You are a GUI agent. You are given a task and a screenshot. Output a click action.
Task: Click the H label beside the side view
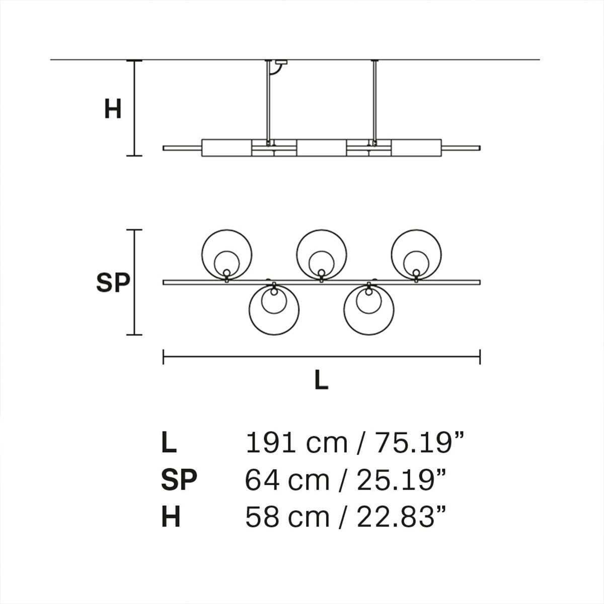pyautogui.click(x=113, y=109)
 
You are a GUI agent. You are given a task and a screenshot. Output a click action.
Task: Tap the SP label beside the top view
pyautogui.click(x=113, y=283)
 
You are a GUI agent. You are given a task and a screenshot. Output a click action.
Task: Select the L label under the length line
pyautogui.click(x=321, y=381)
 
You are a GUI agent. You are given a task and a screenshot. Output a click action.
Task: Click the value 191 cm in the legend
pyautogui.click(x=296, y=443)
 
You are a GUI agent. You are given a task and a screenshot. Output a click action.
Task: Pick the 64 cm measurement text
pyautogui.click(x=287, y=480)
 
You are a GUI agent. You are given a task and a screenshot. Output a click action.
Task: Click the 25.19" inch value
pyautogui.click(x=402, y=480)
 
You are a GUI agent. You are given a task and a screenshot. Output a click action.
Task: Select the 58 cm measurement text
pyautogui.click(x=287, y=517)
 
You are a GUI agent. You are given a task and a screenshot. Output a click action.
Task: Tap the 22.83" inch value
pyautogui.click(x=402, y=517)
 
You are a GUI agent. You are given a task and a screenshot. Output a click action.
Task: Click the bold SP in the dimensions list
pyautogui.click(x=179, y=480)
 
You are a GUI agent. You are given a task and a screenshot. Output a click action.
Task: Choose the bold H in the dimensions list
pyautogui.click(x=171, y=517)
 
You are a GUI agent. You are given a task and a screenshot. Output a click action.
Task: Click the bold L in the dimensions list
pyautogui.click(x=169, y=443)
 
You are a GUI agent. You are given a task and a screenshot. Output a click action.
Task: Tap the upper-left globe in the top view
pyautogui.click(x=226, y=254)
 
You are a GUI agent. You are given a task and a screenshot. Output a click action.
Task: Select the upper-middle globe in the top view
pyautogui.click(x=321, y=254)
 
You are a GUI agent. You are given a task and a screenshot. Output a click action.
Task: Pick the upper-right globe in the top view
pyautogui.click(x=416, y=254)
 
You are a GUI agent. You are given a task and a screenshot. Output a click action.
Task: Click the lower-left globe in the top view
pyautogui.click(x=274, y=310)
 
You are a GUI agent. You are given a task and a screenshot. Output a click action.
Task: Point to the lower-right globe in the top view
pyautogui.click(x=369, y=310)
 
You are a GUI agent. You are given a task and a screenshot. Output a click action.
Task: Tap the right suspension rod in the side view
pyautogui.click(x=374, y=101)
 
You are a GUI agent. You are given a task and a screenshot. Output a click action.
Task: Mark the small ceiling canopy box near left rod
pyautogui.click(x=279, y=63)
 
